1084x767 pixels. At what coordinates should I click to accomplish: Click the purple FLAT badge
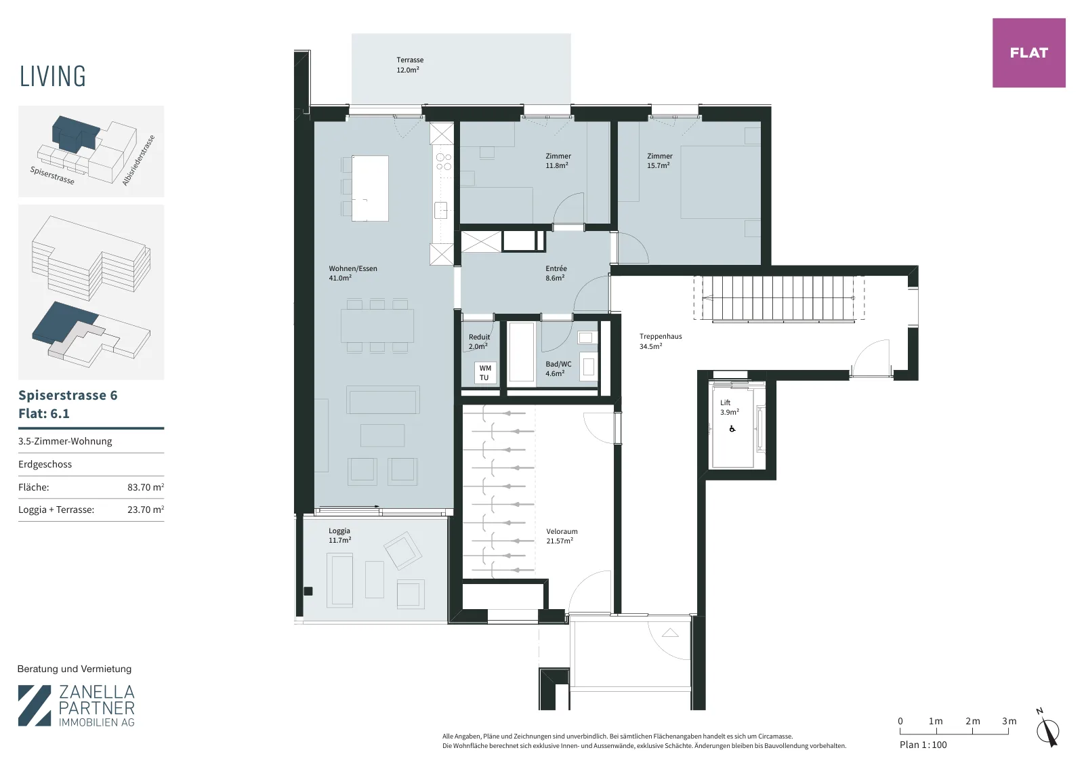1029,53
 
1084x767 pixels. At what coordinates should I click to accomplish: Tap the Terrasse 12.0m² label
409,65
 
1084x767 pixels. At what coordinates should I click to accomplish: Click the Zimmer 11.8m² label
558,161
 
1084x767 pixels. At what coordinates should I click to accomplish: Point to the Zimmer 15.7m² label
660,161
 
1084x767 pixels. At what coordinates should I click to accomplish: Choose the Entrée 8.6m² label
556,273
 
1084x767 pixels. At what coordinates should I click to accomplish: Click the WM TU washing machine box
485,373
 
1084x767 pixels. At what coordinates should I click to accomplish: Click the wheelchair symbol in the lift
732,429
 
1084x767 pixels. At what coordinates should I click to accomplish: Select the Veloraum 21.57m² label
562,536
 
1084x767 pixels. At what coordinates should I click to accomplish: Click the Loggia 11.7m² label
339,536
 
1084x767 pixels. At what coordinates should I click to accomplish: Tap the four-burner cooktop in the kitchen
443,162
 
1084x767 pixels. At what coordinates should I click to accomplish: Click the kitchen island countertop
370,188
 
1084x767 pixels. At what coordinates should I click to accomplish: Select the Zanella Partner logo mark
35,705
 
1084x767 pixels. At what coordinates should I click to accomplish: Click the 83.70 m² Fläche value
146,487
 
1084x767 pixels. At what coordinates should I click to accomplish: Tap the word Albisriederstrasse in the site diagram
138,160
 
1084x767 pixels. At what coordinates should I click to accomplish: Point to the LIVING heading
53,77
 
